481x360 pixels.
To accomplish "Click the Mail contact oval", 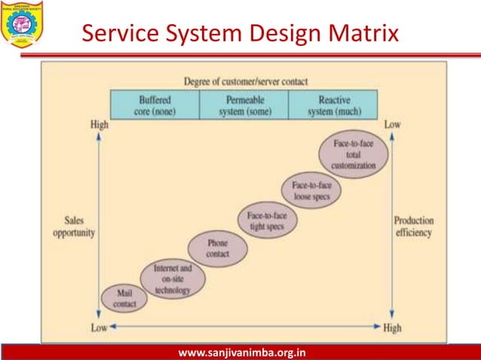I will pos(124,298).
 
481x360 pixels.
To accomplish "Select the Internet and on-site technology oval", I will pos(173,279).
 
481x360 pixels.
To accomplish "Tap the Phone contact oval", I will pos(217,249).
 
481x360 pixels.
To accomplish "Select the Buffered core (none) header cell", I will pos(155,105).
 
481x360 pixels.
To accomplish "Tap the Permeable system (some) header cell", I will pos(244,105).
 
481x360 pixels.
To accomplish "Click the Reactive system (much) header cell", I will pos(334,105).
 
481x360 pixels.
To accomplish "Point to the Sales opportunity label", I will pos(74,227).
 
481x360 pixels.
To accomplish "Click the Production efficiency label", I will pos(414,227).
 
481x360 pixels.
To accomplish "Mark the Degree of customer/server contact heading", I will pos(246,81).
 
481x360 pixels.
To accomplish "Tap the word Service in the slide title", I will pos(123,34).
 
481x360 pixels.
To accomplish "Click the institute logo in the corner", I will pos(20,22).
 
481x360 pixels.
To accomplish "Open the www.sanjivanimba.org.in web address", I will pos(240,352).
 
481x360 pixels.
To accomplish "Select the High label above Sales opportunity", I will pos(99,124).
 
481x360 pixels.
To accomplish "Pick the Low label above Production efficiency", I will pos(393,124).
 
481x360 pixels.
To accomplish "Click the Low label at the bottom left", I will pos(99,327).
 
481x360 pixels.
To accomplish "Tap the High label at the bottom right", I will pos(394,327).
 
